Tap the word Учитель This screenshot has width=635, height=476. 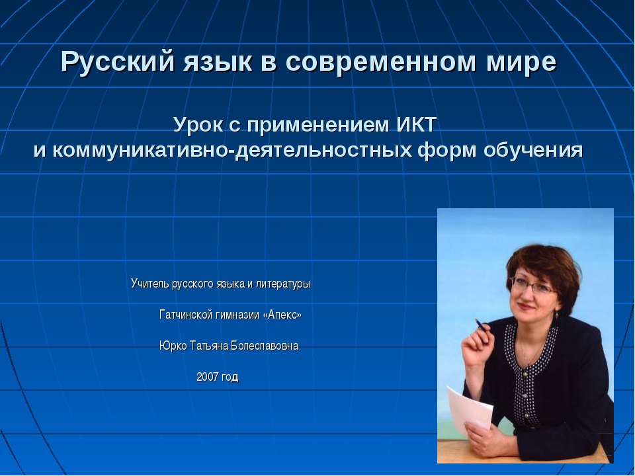[x=150, y=284]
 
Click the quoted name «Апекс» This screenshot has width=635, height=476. [x=282, y=315]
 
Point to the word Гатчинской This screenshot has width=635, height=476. [x=186, y=315]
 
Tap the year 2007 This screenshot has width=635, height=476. [x=208, y=377]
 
